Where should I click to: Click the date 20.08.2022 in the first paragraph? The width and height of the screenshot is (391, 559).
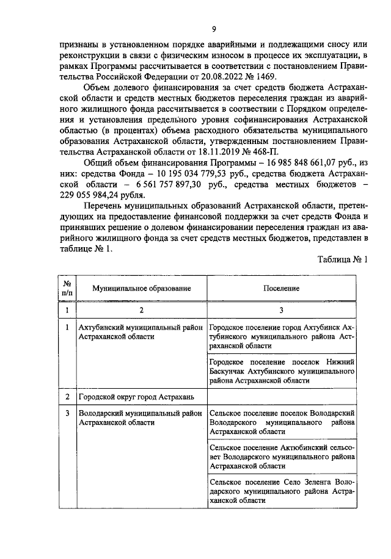[216, 76]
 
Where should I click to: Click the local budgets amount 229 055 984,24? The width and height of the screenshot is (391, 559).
[90, 195]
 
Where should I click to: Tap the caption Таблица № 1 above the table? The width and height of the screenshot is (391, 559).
[343, 259]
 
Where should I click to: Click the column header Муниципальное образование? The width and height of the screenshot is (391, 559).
[142, 287]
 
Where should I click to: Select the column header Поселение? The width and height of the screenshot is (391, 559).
[281, 287]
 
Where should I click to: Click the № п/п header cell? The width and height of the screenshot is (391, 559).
[67, 287]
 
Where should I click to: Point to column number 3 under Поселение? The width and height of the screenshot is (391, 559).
[281, 310]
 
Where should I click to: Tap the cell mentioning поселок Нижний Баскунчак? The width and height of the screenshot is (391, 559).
[281, 370]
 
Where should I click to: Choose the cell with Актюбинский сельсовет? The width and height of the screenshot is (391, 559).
[281, 456]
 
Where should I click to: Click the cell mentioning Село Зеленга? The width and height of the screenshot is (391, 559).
[281, 491]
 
